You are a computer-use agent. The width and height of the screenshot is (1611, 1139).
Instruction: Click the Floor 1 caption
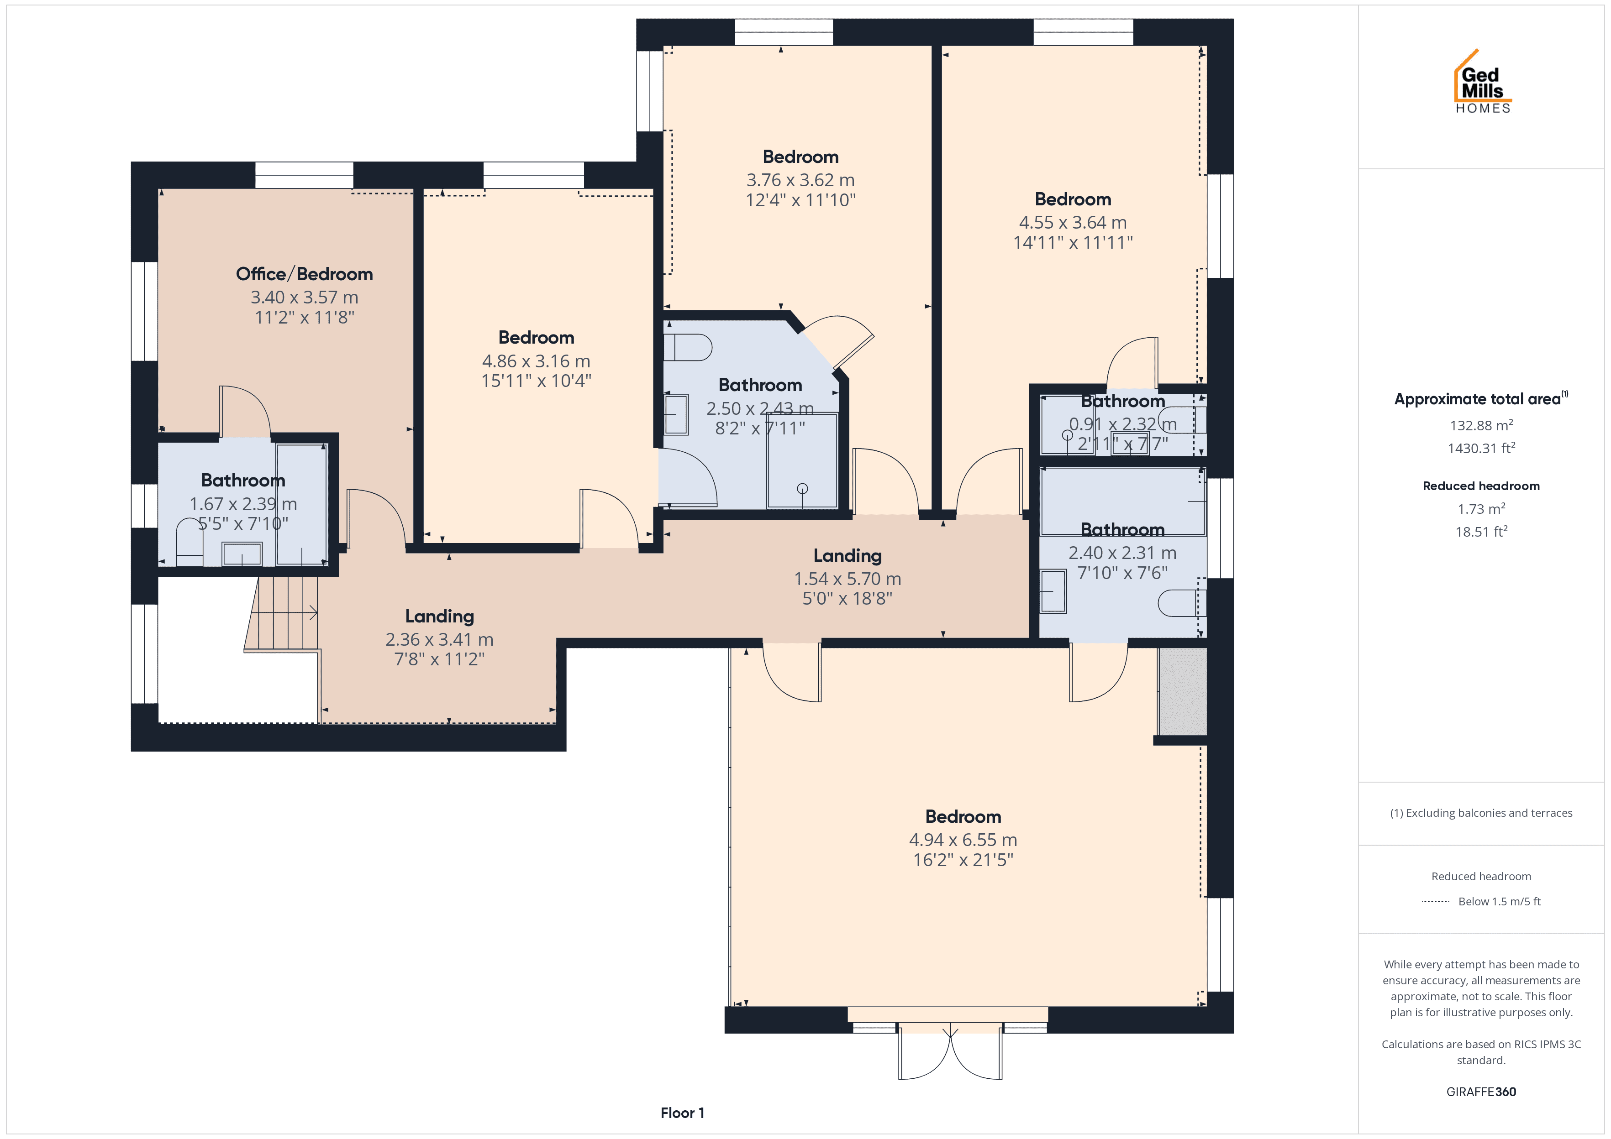click(682, 1113)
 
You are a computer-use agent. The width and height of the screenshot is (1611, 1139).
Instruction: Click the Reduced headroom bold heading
click(1481, 486)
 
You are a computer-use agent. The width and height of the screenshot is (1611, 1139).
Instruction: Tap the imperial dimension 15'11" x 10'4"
click(536, 381)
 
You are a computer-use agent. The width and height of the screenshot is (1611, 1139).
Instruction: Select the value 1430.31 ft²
click(1481, 448)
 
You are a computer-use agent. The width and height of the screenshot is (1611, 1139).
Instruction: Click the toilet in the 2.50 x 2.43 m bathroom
click(688, 347)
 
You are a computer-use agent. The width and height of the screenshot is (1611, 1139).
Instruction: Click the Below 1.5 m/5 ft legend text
click(1500, 901)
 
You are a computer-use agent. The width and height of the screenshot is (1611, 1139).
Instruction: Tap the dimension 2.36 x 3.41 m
click(439, 640)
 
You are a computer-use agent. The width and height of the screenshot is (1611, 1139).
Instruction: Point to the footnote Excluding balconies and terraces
click(1481, 813)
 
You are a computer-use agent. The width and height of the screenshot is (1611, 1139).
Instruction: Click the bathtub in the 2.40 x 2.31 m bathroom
click(1123, 502)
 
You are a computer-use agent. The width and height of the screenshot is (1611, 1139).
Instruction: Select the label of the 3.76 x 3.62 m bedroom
click(800, 157)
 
